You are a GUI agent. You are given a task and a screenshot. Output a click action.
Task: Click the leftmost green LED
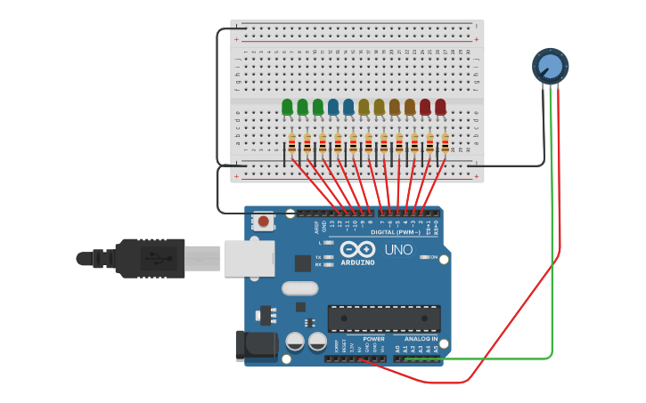click(287, 108)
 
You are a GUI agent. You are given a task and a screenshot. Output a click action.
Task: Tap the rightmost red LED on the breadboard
click(440, 108)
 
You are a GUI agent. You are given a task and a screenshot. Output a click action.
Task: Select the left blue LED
click(333, 108)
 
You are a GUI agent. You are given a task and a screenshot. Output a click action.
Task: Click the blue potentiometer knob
click(550, 66)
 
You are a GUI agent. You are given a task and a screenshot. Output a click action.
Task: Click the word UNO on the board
click(398, 250)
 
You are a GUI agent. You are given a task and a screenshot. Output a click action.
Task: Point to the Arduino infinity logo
click(357, 250)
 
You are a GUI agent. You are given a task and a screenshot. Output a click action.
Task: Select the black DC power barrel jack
click(255, 346)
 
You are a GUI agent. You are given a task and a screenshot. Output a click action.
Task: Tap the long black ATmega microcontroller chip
click(384, 318)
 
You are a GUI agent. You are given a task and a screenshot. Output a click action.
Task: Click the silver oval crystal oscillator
click(299, 288)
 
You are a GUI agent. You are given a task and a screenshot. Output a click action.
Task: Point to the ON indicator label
click(433, 257)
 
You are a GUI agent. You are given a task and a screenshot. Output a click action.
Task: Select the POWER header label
click(374, 339)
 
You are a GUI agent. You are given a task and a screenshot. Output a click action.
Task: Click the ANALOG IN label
click(421, 339)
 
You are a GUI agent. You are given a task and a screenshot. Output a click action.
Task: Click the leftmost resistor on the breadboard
click(292, 143)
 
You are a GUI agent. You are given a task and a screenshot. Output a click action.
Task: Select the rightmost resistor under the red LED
click(445, 143)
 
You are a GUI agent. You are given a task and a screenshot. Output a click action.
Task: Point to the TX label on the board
click(318, 257)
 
